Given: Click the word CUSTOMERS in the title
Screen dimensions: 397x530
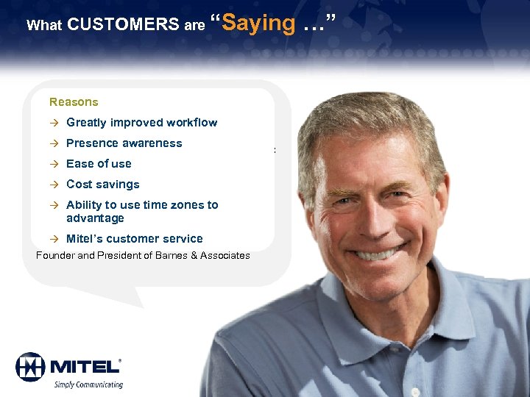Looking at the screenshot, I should coord(122,24).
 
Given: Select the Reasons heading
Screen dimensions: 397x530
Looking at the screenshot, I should coord(74,102).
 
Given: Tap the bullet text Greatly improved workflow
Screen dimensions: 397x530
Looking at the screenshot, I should coord(141,123).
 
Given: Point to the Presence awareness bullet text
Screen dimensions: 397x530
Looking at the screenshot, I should coord(124,143).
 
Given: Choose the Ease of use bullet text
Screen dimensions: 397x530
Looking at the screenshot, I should coord(99,164).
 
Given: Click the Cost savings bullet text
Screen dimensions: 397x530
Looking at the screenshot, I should coord(102,185).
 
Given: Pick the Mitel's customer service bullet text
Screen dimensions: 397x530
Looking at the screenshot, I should coord(134,238).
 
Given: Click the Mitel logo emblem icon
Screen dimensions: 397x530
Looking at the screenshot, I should coord(30,366).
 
